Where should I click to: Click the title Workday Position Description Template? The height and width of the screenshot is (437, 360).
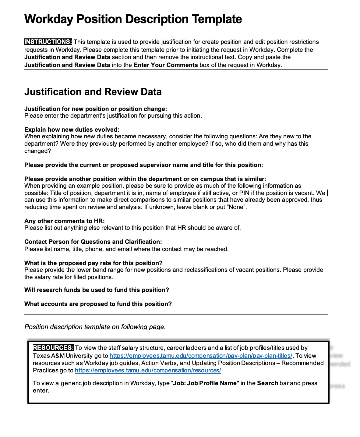tap(133, 19)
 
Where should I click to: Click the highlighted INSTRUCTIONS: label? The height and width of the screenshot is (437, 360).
tap(48, 42)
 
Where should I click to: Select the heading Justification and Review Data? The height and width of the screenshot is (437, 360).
tap(93, 92)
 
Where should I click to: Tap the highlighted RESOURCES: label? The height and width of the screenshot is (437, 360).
tap(53, 348)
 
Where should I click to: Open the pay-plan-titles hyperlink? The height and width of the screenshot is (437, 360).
tap(201, 356)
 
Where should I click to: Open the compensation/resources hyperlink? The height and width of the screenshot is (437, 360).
tap(148, 370)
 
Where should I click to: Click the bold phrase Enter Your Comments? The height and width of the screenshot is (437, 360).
tap(166, 65)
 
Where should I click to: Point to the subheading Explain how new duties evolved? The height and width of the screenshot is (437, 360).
tap(72, 130)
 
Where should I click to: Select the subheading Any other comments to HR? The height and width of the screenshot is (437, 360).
tap(64, 221)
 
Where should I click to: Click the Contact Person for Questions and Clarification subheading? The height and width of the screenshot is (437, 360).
tap(93, 242)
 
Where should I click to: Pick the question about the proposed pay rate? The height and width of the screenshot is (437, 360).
tap(93, 263)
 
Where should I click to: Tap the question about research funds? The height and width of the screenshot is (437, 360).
tap(97, 290)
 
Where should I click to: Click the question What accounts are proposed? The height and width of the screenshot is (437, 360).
tap(98, 304)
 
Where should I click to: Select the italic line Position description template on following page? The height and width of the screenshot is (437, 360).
tap(95, 327)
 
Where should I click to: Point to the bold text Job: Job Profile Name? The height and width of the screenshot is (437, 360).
tap(205, 383)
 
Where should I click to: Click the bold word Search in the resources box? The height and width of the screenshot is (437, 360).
tap(267, 383)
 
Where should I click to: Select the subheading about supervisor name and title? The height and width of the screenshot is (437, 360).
tap(143, 165)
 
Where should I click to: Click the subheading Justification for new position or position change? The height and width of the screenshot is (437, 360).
tap(95, 109)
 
